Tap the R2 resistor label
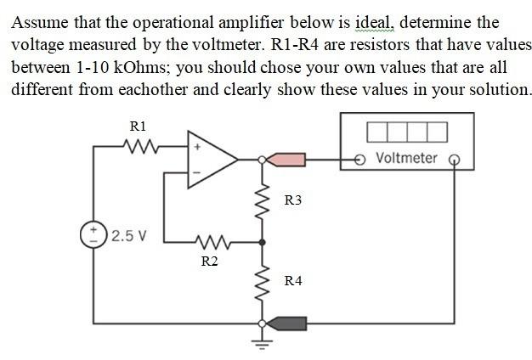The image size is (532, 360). pyautogui.click(x=209, y=261)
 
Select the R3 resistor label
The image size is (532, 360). pyautogui.click(x=293, y=200)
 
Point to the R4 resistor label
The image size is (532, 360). pyautogui.click(x=293, y=280)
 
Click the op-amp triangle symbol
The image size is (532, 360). pyautogui.click(x=211, y=159)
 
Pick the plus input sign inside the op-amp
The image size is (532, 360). pyautogui.click(x=197, y=147)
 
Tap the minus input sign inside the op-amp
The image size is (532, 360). pyautogui.click(x=197, y=172)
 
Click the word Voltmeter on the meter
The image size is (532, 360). pyautogui.click(x=405, y=158)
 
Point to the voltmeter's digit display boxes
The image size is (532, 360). pyautogui.click(x=407, y=132)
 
